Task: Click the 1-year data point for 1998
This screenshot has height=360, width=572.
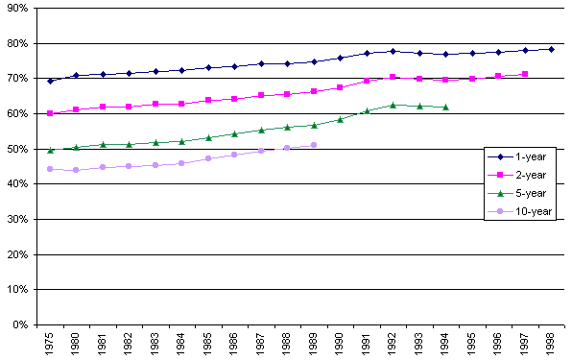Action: tap(551, 49)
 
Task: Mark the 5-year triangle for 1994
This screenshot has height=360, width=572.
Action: tap(445, 107)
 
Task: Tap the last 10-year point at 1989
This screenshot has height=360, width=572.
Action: tap(314, 145)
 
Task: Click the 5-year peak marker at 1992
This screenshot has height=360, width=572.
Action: tap(393, 105)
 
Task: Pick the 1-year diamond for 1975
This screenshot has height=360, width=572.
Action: tap(50, 81)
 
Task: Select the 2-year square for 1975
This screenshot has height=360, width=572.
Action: tap(50, 113)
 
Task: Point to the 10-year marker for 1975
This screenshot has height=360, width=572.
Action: tap(50, 169)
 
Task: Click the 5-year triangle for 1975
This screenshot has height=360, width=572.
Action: tap(50, 150)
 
